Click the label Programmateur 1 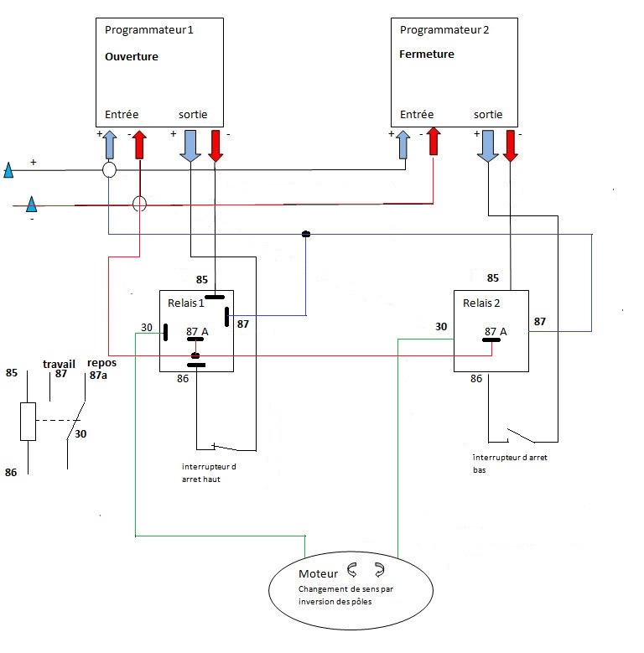148,30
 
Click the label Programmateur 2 444,30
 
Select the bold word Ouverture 132,57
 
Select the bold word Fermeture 427,54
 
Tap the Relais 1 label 185,303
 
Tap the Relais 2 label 480,303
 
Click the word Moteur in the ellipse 318,574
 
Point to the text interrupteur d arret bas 504,464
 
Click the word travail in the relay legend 59,364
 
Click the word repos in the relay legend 101,364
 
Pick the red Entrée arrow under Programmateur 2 434,142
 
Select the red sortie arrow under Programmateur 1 216,145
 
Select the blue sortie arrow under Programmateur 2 487,145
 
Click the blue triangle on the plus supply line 8,172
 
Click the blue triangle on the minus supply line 31,204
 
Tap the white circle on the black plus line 109,170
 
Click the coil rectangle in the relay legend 29,421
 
